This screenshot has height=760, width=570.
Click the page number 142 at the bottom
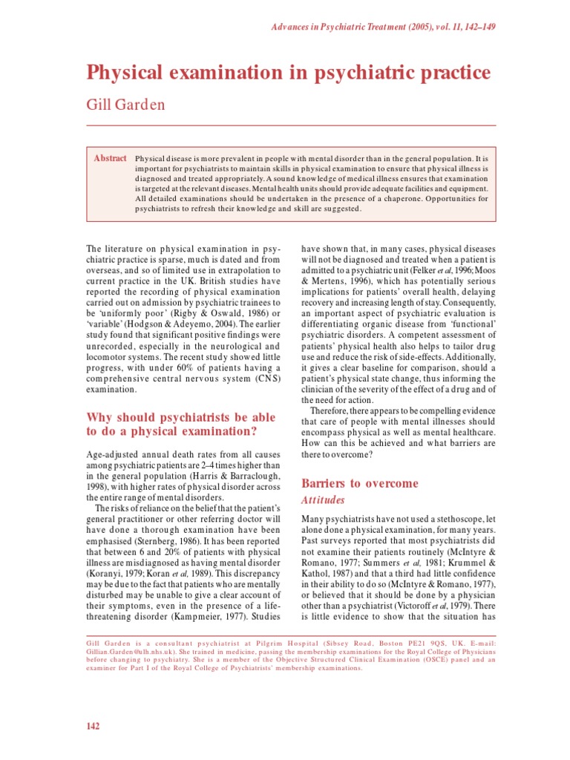click(93, 726)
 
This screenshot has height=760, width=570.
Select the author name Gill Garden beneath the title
click(126, 104)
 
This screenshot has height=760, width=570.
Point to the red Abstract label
click(110, 158)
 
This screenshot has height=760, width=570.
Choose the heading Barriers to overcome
click(358, 483)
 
